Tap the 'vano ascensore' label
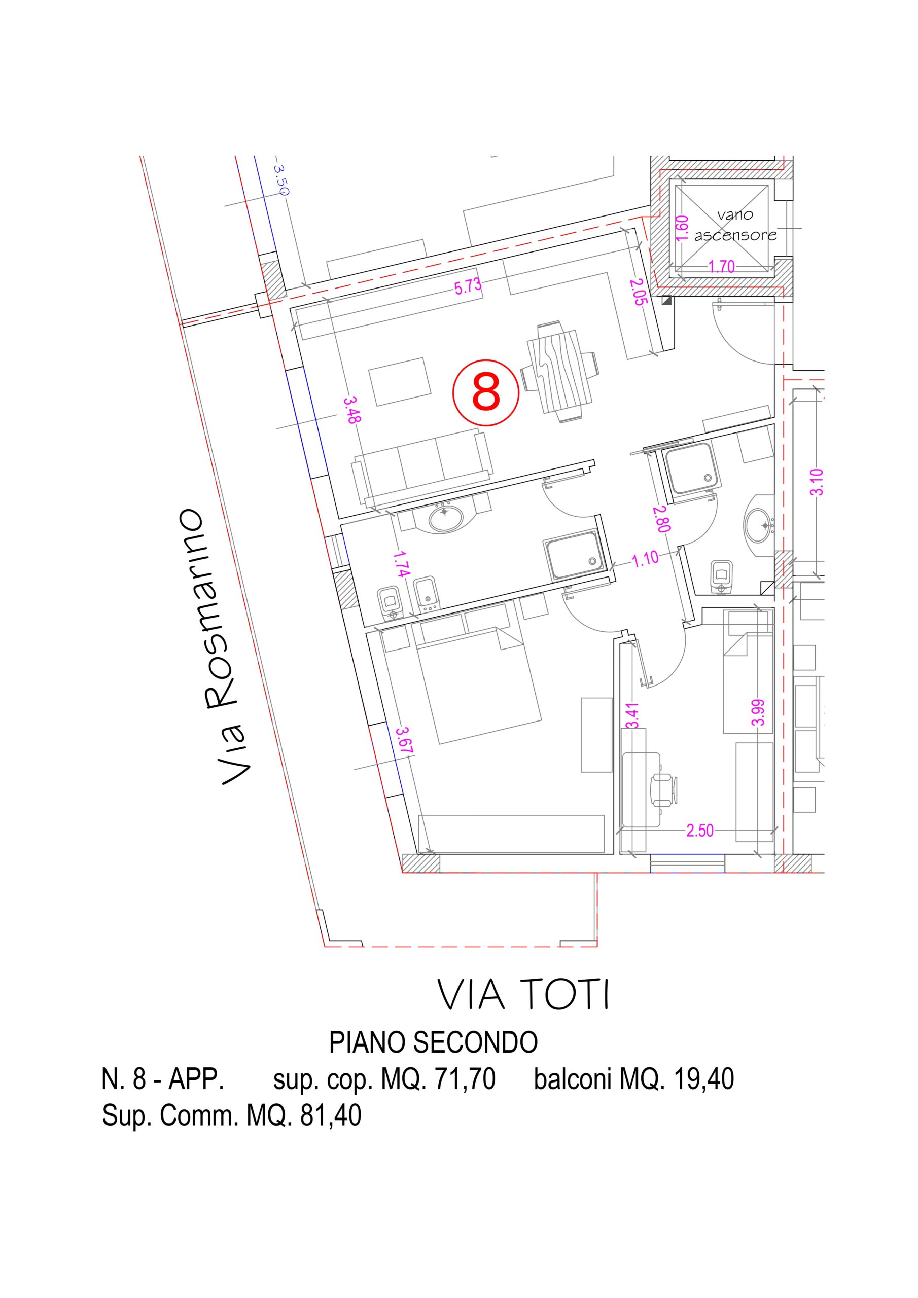[735, 225]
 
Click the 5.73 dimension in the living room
[468, 286]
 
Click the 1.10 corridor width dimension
[645, 559]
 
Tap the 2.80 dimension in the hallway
[662, 518]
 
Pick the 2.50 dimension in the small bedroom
[700, 831]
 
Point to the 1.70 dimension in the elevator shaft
[722, 266]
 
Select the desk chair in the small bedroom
[663, 788]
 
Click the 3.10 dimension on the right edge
[816, 482]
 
